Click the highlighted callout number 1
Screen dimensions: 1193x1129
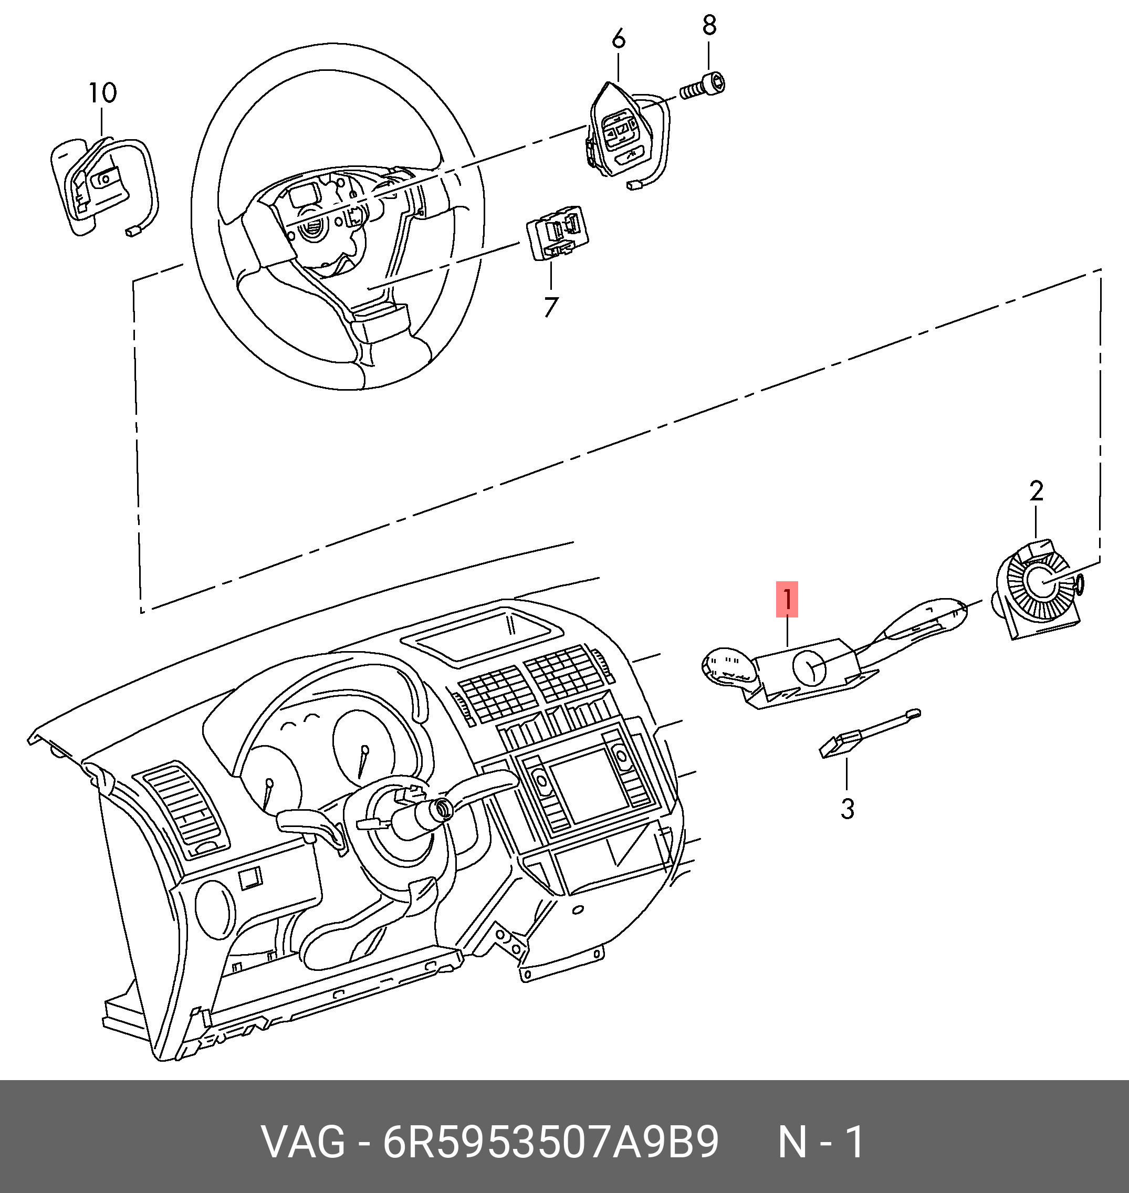(787, 599)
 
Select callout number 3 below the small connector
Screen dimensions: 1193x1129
(846, 809)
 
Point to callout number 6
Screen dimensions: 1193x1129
(618, 40)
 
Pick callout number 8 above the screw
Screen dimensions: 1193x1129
(709, 25)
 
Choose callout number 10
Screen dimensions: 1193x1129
(102, 93)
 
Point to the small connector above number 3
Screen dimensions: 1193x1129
(840, 746)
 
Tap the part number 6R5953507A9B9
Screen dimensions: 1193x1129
(551, 1143)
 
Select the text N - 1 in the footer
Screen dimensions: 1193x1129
(821, 1143)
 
